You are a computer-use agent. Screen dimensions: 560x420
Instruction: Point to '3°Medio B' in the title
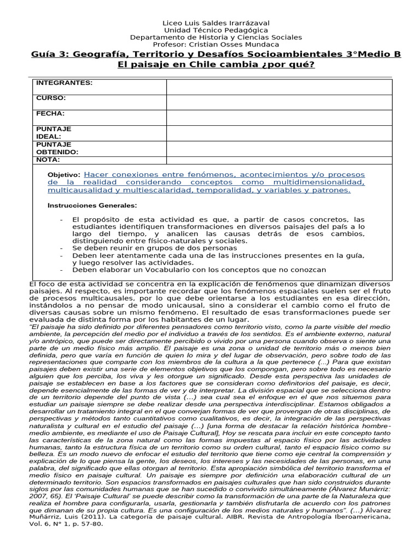pos(373,54)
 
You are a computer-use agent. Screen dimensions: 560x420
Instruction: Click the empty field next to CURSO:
pos(279,102)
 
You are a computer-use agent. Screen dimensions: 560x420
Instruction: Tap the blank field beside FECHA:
pos(279,117)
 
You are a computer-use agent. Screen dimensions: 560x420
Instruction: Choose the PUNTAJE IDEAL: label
pos(54,132)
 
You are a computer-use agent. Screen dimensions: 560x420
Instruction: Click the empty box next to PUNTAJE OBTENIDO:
pos(279,148)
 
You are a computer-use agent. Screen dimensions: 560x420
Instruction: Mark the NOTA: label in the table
pos(48,160)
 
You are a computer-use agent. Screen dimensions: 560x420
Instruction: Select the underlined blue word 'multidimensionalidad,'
pos(317,182)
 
